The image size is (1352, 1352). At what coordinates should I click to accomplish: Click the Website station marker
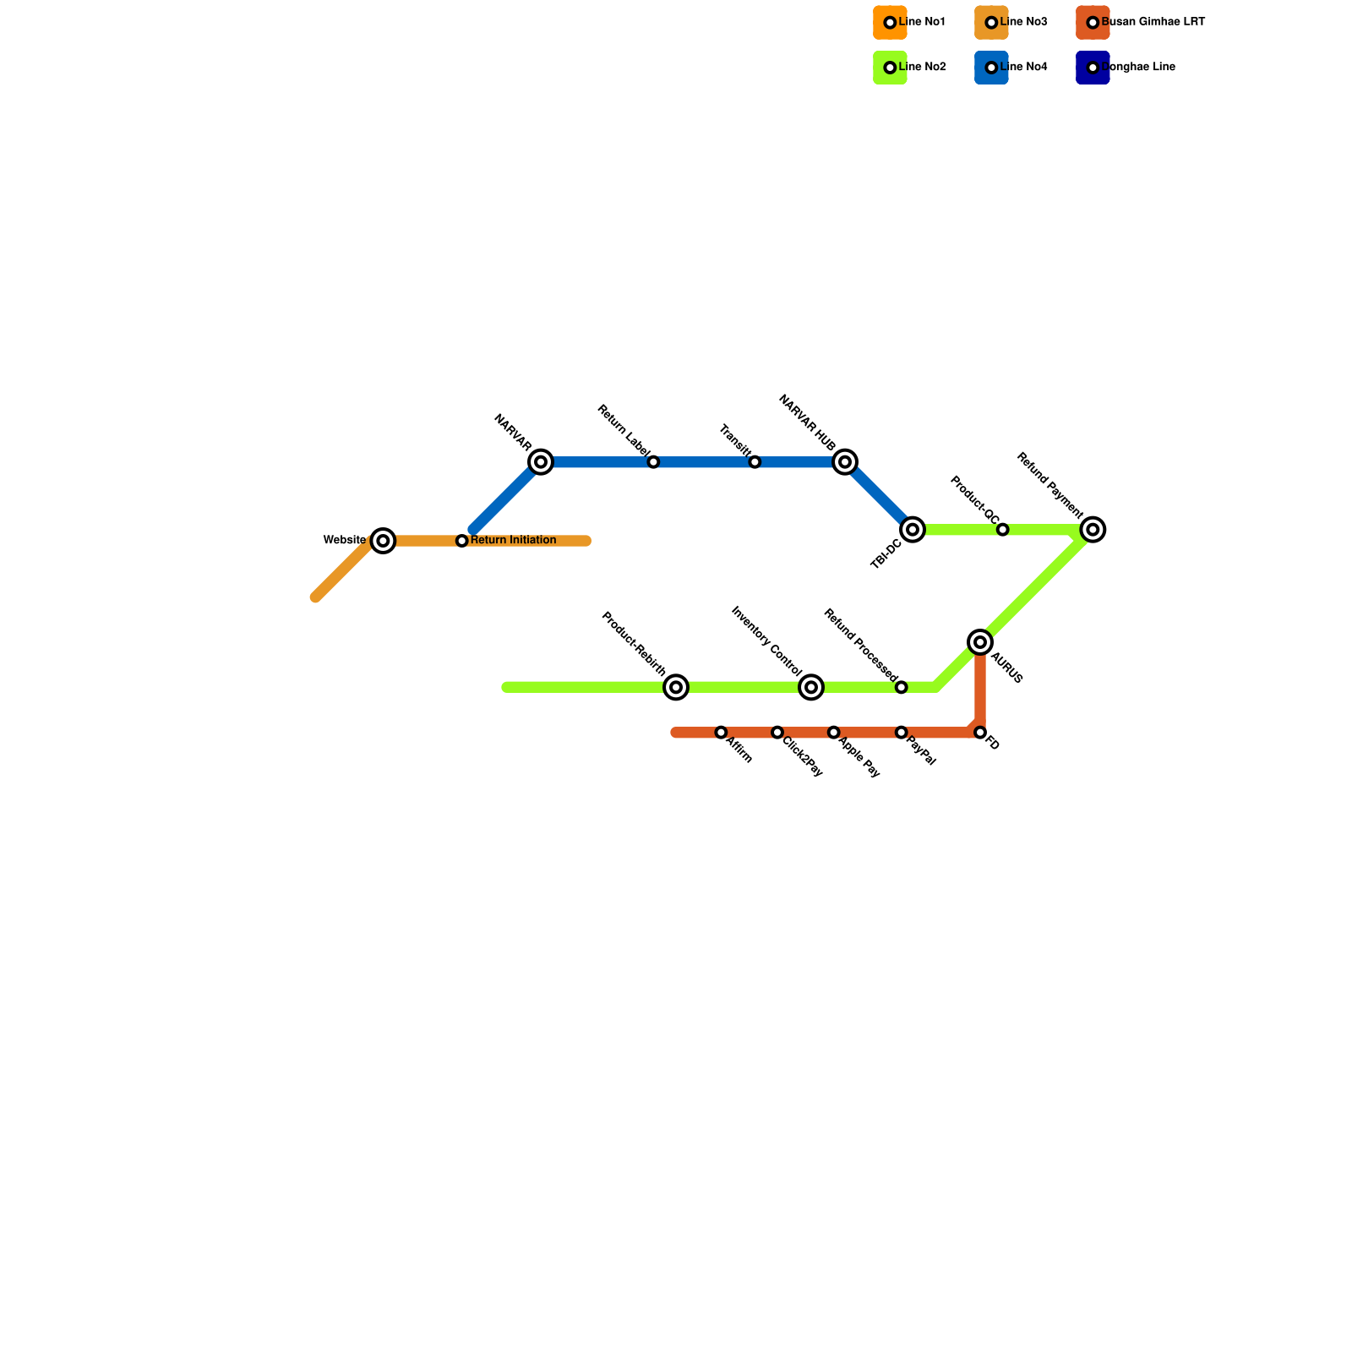click(x=384, y=541)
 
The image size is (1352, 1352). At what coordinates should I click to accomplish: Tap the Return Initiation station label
click(x=513, y=541)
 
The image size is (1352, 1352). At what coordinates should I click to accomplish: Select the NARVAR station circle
click(x=541, y=462)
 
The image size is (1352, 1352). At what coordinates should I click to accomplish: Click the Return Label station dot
click(x=653, y=462)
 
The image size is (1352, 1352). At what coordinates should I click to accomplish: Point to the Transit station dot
click(x=755, y=462)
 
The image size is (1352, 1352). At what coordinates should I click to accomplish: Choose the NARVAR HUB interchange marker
click(x=845, y=462)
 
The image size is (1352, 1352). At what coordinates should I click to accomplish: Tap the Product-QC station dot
click(x=1002, y=530)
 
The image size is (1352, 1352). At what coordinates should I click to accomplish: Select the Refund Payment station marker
click(x=1093, y=530)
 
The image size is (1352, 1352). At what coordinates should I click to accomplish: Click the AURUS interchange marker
click(x=980, y=643)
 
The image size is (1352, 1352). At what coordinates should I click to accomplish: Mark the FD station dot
click(x=980, y=733)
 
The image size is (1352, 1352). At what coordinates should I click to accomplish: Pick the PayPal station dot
click(x=902, y=733)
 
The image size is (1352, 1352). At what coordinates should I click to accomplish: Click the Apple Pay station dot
click(x=834, y=733)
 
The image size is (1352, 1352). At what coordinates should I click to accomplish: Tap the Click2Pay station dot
click(x=777, y=733)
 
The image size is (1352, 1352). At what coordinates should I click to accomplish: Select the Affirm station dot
click(x=721, y=733)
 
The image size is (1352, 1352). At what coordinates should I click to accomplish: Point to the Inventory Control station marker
click(x=811, y=688)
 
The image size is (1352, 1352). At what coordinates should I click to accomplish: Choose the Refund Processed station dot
click(x=902, y=688)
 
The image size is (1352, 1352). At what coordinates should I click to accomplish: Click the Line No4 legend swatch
click(x=991, y=68)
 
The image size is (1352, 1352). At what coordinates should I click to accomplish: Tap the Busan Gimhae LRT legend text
click(x=1153, y=22)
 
